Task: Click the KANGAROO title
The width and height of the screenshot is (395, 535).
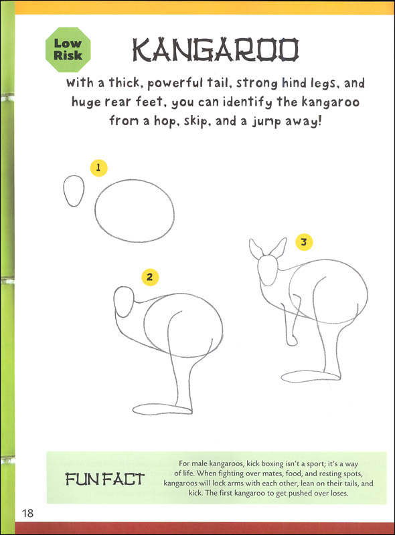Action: tap(215, 51)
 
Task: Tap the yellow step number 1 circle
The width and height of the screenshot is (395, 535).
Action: tap(98, 168)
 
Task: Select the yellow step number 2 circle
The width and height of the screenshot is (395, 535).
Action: tap(150, 276)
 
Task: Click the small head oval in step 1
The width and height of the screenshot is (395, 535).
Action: tap(74, 192)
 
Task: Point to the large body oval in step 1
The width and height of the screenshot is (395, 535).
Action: tap(134, 211)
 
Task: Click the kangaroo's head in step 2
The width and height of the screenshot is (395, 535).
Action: tap(125, 303)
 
